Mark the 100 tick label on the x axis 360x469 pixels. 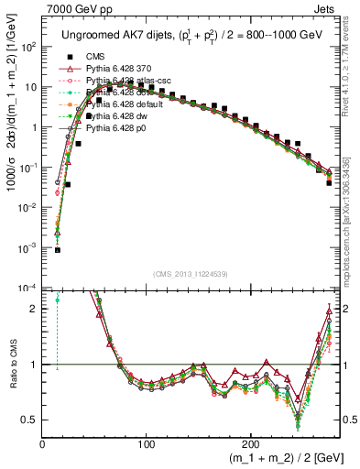tap(147, 443)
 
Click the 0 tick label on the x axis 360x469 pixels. tap(43, 443)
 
